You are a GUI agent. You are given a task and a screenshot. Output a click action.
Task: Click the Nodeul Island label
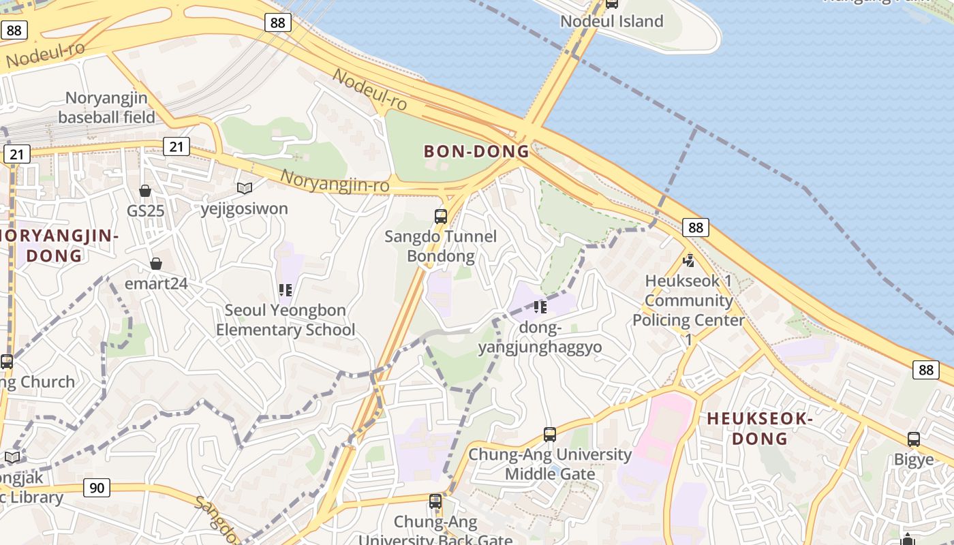click(x=611, y=21)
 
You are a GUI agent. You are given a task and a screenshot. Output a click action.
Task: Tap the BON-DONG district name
click(x=476, y=151)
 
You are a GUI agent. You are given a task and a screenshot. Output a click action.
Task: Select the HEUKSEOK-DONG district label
click(x=760, y=429)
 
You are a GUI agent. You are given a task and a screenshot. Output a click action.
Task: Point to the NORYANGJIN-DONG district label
click(x=58, y=246)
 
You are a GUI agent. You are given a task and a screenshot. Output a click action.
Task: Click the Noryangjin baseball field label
click(x=106, y=108)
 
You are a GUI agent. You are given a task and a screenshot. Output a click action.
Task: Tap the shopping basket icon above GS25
click(x=145, y=191)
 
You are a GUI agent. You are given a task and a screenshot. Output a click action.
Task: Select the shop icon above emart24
click(x=156, y=264)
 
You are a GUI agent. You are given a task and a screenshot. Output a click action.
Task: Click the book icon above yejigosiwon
click(x=244, y=188)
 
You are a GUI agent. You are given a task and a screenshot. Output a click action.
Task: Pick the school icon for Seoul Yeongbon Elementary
click(x=286, y=290)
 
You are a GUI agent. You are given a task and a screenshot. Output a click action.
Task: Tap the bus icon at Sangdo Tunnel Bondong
click(x=441, y=217)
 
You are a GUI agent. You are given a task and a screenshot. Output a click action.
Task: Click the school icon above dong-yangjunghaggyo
click(x=540, y=307)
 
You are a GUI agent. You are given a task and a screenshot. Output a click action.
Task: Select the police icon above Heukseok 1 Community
click(x=689, y=260)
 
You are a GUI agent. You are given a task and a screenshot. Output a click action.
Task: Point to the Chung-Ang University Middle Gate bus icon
click(x=550, y=434)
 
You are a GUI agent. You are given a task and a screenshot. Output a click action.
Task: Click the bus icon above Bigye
click(x=914, y=439)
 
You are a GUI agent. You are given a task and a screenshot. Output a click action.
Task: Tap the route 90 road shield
click(x=97, y=488)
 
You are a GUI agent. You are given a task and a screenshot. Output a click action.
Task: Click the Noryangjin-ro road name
click(x=335, y=181)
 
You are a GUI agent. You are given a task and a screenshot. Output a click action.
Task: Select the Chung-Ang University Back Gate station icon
click(x=435, y=501)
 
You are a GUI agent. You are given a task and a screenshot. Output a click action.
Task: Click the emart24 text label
click(x=156, y=283)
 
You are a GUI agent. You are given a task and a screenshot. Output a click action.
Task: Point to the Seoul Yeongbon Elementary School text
click(x=286, y=320)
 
